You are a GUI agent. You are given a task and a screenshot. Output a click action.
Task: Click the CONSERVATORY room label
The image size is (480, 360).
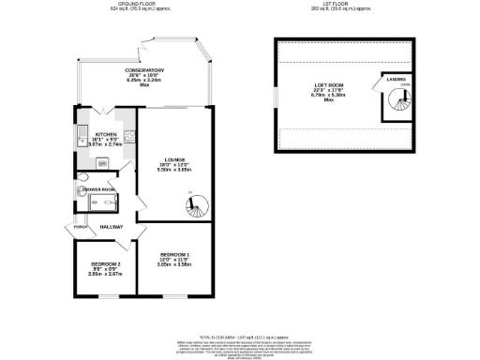[x=145, y=70]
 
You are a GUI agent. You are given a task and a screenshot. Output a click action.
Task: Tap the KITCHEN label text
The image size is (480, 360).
[x=106, y=134]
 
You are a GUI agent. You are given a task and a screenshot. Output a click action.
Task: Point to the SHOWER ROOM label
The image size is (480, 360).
[x=99, y=188]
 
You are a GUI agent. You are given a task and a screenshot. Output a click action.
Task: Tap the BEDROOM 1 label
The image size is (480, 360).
[x=174, y=256]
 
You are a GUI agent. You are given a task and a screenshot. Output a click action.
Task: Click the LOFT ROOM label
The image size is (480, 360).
[x=329, y=86]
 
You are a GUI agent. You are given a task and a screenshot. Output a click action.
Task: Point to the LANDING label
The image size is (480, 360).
[x=395, y=79]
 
